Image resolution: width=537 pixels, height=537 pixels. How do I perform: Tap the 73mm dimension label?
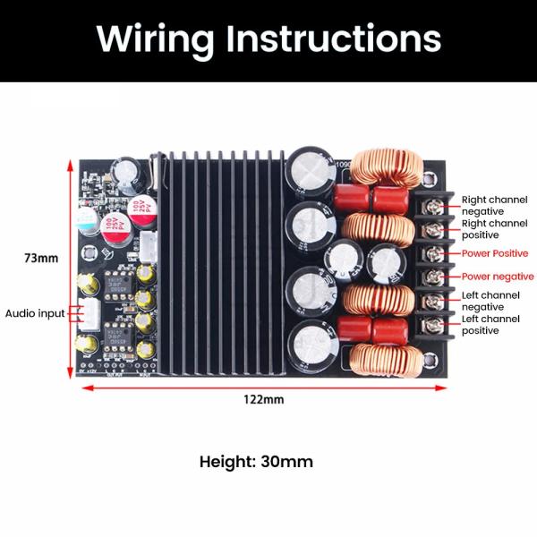click(41, 259)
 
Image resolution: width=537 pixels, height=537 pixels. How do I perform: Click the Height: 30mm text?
click(256, 462)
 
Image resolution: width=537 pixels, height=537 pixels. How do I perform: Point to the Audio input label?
click(35, 313)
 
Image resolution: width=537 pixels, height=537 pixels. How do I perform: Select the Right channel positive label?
click(494, 228)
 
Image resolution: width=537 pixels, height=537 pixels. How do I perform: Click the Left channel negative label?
click(491, 301)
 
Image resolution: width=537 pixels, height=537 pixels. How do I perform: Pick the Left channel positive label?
click(491, 325)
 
